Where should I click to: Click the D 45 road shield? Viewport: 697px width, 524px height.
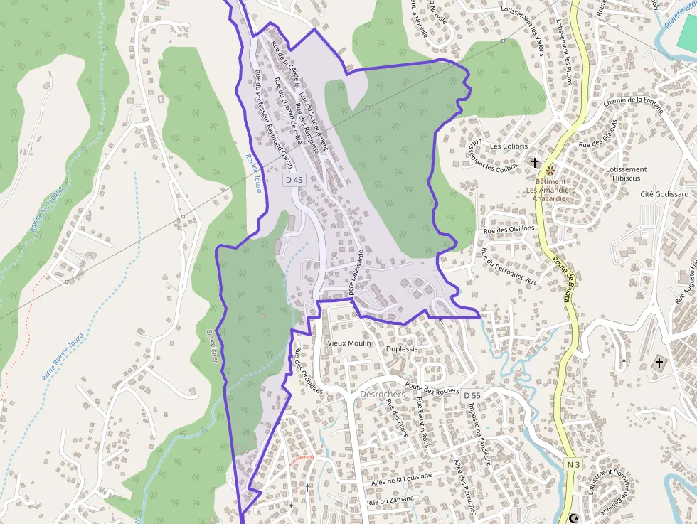coord(294,181)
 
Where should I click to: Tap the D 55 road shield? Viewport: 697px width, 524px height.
coord(472,395)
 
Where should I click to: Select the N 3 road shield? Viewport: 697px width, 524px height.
coord(574,464)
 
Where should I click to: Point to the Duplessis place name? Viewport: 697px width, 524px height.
coord(401,350)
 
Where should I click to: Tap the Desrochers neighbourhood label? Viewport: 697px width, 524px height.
coord(383,394)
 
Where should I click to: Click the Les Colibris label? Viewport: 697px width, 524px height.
coord(509,146)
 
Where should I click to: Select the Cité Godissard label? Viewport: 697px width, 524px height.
coord(664,194)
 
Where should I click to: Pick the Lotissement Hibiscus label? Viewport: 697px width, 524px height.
coord(626,173)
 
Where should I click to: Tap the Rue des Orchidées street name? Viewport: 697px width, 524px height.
coord(309,370)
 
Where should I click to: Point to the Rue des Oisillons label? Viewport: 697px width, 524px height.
coord(509,229)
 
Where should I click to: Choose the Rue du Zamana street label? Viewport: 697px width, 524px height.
coord(390,501)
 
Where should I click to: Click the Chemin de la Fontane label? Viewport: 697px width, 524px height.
coord(633,105)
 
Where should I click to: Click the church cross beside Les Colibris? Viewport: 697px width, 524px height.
coord(535,163)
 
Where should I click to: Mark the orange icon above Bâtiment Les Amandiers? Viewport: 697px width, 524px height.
coord(550,170)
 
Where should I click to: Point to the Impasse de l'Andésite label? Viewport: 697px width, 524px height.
coord(479,434)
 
